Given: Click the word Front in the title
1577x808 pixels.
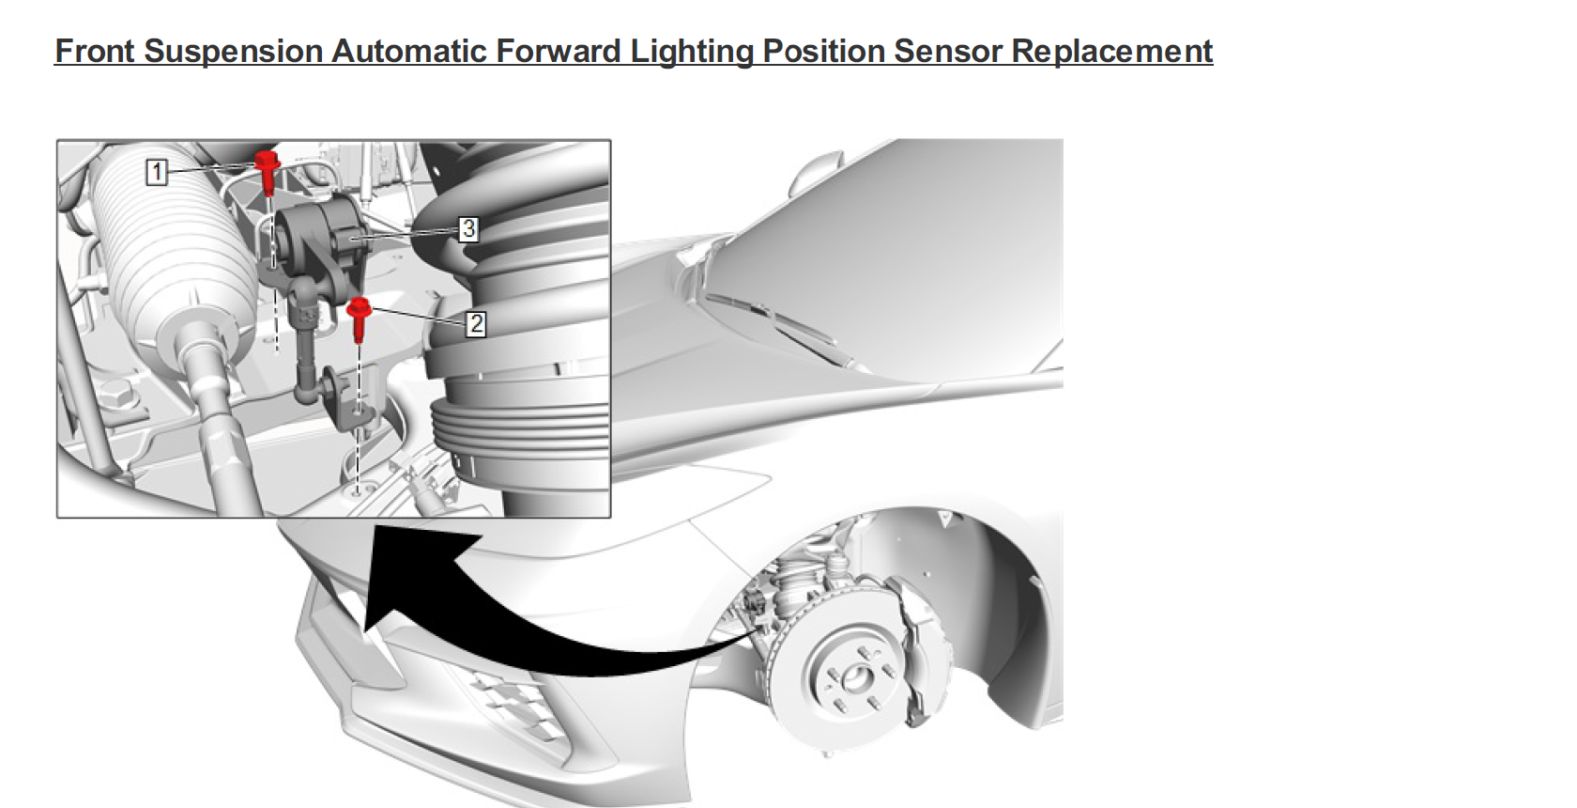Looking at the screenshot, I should pos(94,51).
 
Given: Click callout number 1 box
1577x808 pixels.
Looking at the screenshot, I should pos(157,172).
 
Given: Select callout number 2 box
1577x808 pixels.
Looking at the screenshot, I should pos(476,324).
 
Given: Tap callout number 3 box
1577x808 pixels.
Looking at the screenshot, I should pos(468,228).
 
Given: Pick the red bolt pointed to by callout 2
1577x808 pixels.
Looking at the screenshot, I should pos(359,315).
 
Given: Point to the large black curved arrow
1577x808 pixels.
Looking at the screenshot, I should pos(526,620).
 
